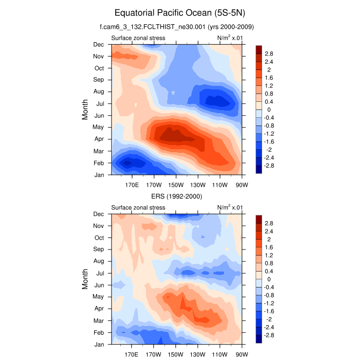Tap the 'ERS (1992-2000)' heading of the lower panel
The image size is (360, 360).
176,196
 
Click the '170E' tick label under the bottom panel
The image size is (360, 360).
132,354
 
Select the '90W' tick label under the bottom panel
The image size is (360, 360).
242,354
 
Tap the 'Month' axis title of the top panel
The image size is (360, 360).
85,110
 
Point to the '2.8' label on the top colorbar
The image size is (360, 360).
269,53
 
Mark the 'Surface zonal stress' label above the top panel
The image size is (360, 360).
138,38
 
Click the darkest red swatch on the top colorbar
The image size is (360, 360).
259,49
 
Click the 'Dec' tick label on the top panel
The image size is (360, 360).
98,45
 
